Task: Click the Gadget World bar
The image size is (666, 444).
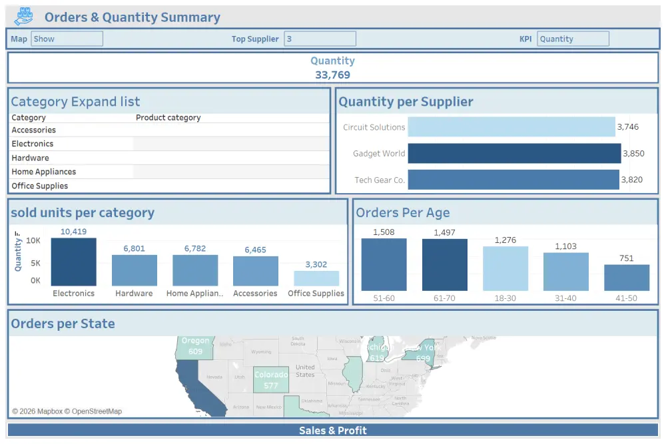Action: pos(513,154)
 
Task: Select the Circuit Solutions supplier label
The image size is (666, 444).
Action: pos(374,127)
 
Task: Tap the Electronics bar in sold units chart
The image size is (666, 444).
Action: pos(73,262)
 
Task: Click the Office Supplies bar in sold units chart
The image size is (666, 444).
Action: pos(316,278)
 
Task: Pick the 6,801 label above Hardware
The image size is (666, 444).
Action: pos(134,248)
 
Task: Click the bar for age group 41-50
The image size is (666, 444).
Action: pos(626,278)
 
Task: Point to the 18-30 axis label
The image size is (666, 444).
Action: pos(505,298)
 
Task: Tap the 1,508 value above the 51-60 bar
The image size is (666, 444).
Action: pos(384,232)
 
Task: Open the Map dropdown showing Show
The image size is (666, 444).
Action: pos(67,39)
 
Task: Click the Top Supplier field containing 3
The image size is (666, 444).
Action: pos(320,39)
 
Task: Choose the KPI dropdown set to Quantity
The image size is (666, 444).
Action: pos(573,39)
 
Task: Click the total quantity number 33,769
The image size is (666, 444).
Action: pos(332,75)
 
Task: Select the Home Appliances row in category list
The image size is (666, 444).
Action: pos(44,172)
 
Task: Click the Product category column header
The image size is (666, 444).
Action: pos(168,118)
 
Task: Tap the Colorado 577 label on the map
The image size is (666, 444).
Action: pos(270,380)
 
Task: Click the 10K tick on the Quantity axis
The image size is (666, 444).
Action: pos(33,240)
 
